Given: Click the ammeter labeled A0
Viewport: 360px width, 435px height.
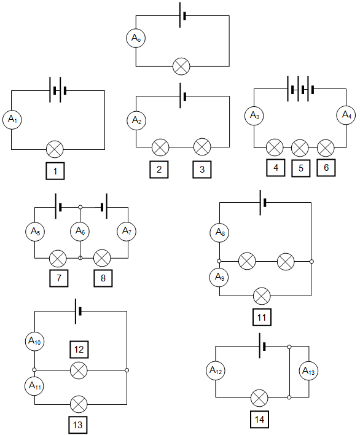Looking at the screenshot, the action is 136,38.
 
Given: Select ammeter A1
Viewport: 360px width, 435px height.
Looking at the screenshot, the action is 12,120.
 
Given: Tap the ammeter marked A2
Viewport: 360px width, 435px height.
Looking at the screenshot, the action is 136,120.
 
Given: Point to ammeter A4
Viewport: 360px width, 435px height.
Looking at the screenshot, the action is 346,115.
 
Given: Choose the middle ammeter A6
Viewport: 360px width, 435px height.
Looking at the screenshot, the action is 80,231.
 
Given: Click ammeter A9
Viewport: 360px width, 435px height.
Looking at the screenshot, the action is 219,277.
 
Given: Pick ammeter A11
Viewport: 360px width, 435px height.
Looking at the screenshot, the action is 34,386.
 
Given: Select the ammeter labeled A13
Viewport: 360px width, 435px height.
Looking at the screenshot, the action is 308,371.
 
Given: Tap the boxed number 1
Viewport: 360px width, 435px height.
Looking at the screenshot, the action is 55,171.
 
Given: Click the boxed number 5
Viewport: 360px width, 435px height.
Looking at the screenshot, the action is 300,168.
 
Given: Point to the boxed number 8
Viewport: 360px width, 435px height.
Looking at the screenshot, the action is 103,278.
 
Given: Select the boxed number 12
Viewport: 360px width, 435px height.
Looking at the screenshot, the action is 79,349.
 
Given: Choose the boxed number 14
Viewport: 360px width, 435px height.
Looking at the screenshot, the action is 259,420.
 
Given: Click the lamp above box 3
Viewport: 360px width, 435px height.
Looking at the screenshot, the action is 202,147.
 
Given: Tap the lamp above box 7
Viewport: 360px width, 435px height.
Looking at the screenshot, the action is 58,258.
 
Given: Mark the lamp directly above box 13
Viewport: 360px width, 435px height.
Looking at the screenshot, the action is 79,404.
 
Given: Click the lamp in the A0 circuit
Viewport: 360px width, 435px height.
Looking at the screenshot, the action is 181,66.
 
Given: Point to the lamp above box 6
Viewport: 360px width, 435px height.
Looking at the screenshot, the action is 326,147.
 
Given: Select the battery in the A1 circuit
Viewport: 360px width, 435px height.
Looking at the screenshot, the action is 58,90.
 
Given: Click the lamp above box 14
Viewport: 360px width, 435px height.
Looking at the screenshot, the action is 259,398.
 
